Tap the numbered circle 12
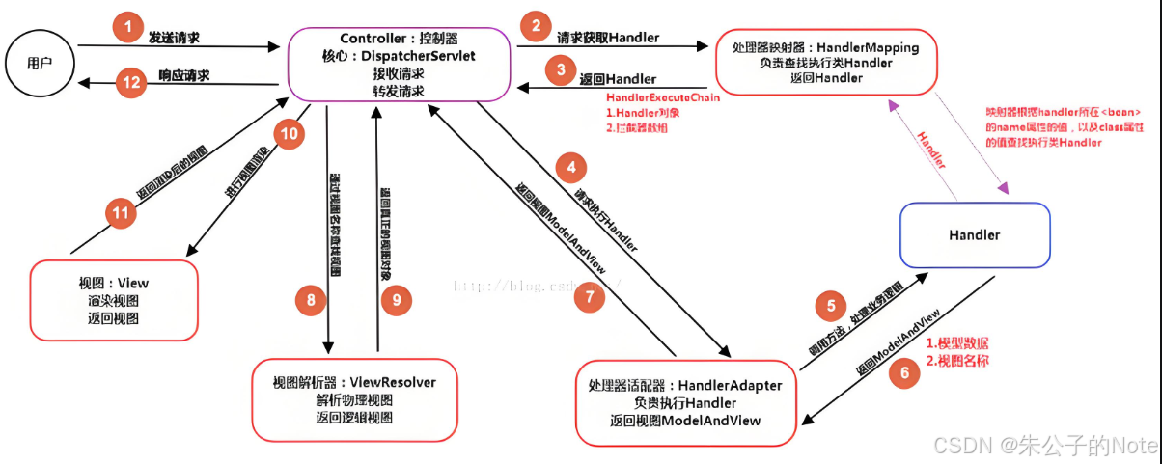[x=129, y=83]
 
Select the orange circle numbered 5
[x=829, y=308]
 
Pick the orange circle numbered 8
[x=311, y=301]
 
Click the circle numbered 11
[x=121, y=213]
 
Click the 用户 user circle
[x=40, y=64]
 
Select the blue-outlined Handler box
[x=974, y=234]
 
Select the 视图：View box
[x=114, y=300]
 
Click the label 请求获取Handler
[x=608, y=38]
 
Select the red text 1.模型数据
[x=956, y=343]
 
